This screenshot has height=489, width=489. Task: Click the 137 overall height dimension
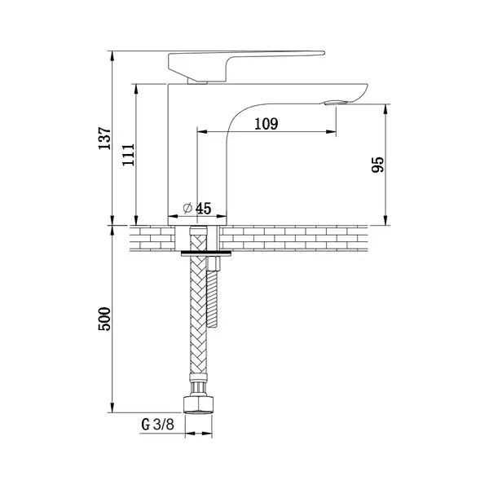104,139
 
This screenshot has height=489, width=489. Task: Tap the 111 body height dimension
129,155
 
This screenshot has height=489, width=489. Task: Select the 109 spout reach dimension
266,124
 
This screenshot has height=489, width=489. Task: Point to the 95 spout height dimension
378,165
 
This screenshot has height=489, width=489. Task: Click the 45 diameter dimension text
203,209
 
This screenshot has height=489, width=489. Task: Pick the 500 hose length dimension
104,319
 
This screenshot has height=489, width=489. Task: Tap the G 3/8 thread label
157,425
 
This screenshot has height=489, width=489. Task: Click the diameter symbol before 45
187,208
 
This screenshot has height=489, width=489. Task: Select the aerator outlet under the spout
336,103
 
